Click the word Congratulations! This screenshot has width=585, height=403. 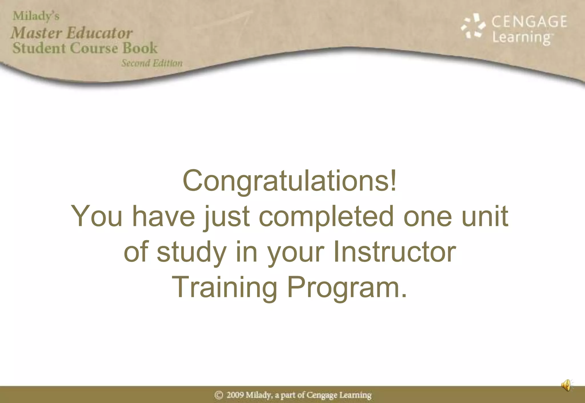[x=290, y=181]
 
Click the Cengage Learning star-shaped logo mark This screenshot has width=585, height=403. [x=473, y=26]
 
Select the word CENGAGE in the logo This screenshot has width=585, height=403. [x=529, y=22]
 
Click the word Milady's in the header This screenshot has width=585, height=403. [x=36, y=16]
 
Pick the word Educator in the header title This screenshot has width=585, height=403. [x=100, y=33]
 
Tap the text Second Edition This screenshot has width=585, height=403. [x=152, y=63]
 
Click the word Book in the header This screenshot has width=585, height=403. [x=140, y=48]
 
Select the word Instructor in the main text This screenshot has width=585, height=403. [x=394, y=252]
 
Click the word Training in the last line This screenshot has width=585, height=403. [x=224, y=287]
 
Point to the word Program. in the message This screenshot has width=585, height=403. [x=347, y=287]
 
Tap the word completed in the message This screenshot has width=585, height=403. [x=326, y=216]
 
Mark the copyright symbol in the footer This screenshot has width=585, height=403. [x=219, y=395]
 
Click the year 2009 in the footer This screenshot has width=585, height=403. [x=235, y=395]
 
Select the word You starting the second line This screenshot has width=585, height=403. [x=97, y=216]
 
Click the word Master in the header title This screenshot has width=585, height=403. [x=36, y=33]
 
